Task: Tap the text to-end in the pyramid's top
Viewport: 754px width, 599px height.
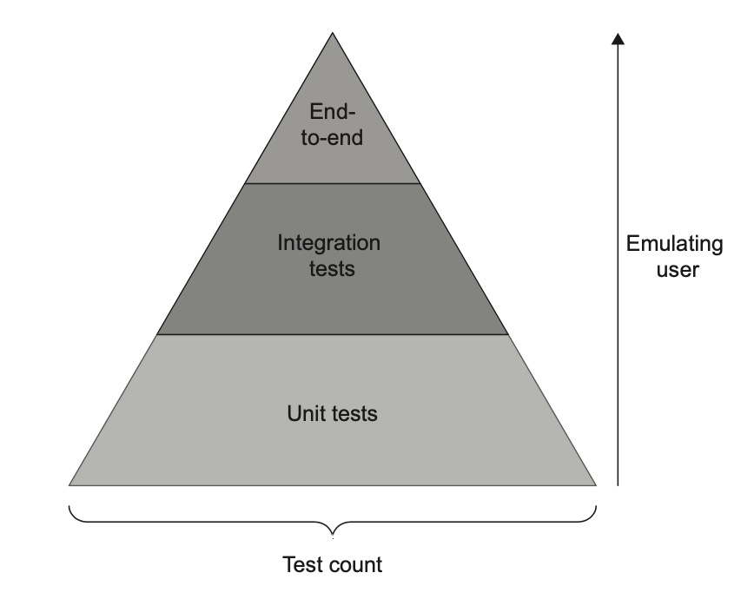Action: tap(333, 136)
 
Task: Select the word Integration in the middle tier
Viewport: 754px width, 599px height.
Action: tap(328, 243)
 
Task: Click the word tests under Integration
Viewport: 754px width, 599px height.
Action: tap(333, 268)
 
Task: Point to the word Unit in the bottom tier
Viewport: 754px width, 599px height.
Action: tap(305, 413)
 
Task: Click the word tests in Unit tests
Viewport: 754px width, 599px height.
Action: tap(356, 413)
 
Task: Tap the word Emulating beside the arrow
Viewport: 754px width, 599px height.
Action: tap(674, 244)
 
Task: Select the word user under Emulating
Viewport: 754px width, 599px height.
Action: tap(674, 269)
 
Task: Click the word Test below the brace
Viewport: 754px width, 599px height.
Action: tap(302, 565)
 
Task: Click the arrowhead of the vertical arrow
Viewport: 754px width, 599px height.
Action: tap(618, 38)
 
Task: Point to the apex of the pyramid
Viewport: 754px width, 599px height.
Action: tap(333, 34)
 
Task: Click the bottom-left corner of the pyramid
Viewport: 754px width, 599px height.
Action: tap(69, 484)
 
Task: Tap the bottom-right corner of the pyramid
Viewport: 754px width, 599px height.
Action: tap(596, 484)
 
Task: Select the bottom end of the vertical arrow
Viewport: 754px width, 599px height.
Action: tap(618, 484)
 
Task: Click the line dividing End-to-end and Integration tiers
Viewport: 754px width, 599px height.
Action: tap(333, 183)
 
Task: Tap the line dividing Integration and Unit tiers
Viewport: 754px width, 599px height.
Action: tap(333, 334)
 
